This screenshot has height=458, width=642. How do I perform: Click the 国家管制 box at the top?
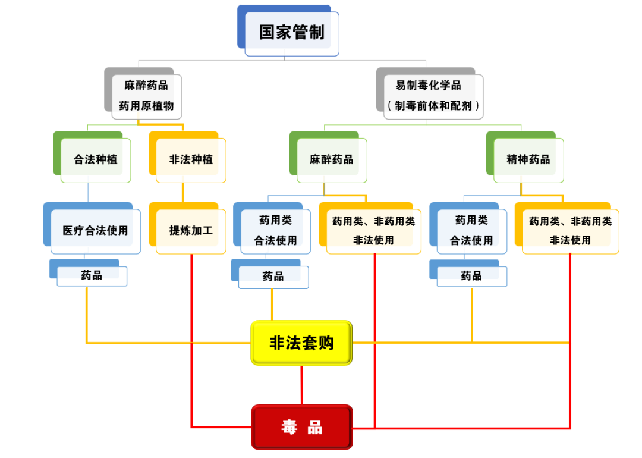291,32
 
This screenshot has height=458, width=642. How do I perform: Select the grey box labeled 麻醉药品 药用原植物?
146,95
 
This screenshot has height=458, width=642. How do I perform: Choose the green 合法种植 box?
95,159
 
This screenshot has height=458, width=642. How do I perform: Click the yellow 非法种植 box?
191,159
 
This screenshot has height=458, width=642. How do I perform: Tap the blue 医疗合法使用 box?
95,230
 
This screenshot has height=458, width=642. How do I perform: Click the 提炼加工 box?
191,230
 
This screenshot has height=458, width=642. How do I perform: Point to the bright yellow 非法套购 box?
301,343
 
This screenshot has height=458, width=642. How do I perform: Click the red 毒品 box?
301,427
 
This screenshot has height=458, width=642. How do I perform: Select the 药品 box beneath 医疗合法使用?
92,275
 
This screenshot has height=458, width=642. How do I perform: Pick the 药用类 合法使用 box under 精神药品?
471,230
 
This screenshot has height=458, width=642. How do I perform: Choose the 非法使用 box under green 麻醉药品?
373,231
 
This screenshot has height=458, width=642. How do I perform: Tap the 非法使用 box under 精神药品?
570,231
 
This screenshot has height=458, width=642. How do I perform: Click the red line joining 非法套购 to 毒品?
301,385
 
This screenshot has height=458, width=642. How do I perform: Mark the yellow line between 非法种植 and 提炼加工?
182,193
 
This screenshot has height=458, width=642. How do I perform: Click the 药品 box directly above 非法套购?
273,277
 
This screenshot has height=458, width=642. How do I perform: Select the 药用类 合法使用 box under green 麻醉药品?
275,230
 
